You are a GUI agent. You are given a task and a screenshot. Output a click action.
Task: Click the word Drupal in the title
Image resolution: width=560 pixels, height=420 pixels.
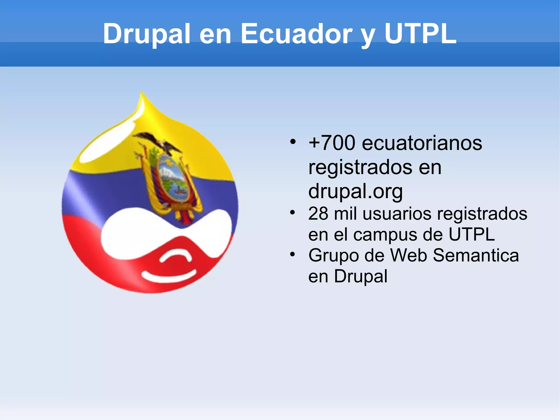point(146,34)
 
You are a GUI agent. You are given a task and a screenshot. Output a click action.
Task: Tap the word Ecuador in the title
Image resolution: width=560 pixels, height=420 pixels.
point(296,34)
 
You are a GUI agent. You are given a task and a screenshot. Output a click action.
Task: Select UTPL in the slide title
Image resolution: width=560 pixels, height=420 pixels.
point(420,34)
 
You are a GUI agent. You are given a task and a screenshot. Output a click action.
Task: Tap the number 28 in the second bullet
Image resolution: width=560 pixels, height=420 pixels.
point(318,213)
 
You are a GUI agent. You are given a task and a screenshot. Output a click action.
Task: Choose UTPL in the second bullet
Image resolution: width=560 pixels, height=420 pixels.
point(472,234)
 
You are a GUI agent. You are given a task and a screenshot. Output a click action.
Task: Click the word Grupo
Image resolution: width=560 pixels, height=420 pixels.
point(333,256)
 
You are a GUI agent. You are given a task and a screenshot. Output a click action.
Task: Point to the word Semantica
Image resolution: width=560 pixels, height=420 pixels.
point(476,255)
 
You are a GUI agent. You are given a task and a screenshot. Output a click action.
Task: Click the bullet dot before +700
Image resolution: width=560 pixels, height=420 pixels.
point(293,142)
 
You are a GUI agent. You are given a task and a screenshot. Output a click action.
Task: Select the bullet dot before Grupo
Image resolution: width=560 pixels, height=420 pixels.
point(293,254)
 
